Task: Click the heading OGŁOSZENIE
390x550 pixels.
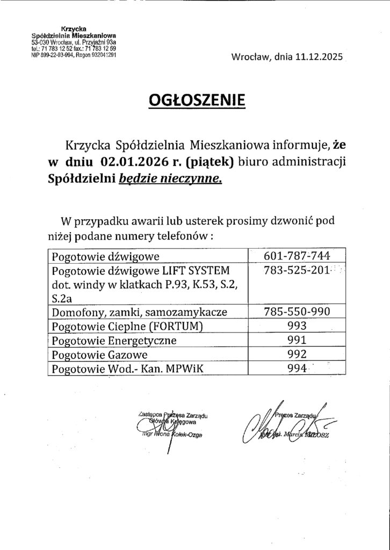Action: pyautogui.click(x=195, y=100)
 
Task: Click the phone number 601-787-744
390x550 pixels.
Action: pyautogui.click(x=298, y=256)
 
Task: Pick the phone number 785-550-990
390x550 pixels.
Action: pyautogui.click(x=298, y=312)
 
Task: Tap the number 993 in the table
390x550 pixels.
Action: pyautogui.click(x=297, y=326)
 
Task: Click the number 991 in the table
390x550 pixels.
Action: pyautogui.click(x=297, y=340)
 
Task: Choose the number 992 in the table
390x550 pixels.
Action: pyautogui.click(x=297, y=354)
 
